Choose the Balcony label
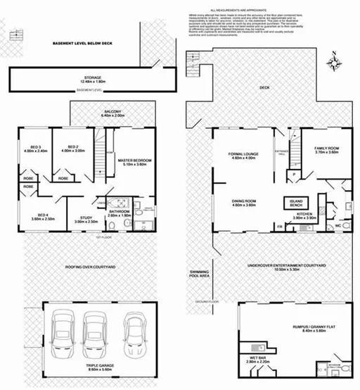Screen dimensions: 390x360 (x=112, y=112)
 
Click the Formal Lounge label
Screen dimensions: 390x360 (x=244, y=155)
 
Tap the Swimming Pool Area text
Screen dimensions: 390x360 (x=200, y=275)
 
